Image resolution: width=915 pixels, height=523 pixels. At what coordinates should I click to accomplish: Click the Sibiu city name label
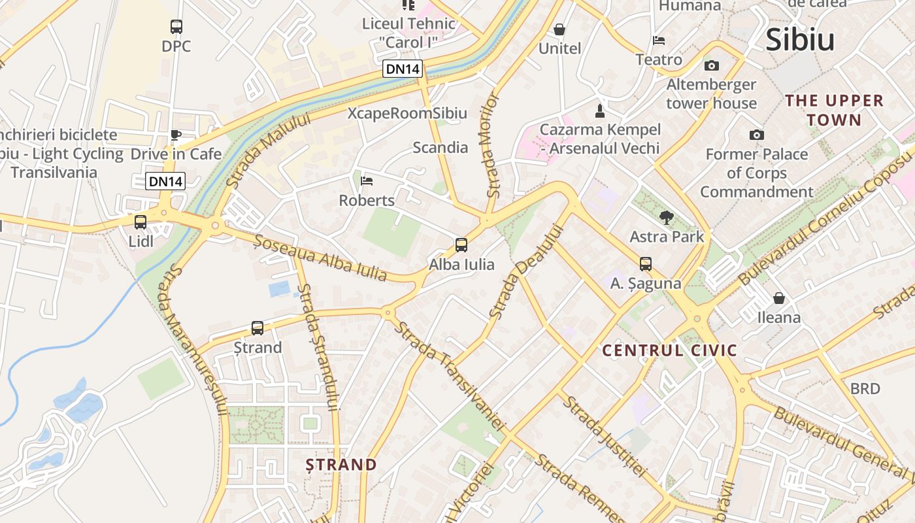pyautogui.click(x=800, y=40)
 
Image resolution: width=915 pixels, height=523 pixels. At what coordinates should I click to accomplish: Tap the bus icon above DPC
pyautogui.click(x=176, y=27)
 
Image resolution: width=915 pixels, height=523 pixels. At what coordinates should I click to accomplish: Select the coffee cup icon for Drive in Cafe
pyautogui.click(x=175, y=135)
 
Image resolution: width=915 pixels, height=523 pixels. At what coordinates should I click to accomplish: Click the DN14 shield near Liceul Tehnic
pyautogui.click(x=403, y=69)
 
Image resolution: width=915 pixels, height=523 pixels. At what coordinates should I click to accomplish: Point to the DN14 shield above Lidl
pyautogui.click(x=165, y=182)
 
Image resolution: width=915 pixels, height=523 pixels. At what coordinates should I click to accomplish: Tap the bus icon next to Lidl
pyautogui.click(x=140, y=222)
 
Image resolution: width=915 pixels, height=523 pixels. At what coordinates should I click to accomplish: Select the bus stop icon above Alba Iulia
pyautogui.click(x=461, y=245)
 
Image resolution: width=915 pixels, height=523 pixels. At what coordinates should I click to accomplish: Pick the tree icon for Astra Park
pyautogui.click(x=666, y=217)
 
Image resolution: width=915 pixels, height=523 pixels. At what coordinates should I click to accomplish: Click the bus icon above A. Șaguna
pyautogui.click(x=646, y=264)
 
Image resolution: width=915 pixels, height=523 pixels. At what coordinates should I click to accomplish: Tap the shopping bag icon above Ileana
pyautogui.click(x=778, y=298)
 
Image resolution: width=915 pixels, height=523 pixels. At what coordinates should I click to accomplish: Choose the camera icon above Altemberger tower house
pyautogui.click(x=711, y=65)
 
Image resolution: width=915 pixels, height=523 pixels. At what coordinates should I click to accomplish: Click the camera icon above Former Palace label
pyautogui.click(x=756, y=135)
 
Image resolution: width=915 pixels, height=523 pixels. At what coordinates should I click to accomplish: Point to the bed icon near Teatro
pyautogui.click(x=659, y=41)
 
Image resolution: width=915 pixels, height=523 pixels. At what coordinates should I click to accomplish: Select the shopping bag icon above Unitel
pyautogui.click(x=559, y=29)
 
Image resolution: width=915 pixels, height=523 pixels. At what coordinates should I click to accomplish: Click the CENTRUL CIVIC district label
pyautogui.click(x=669, y=350)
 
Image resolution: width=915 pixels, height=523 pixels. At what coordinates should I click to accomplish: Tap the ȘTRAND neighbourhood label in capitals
pyautogui.click(x=342, y=465)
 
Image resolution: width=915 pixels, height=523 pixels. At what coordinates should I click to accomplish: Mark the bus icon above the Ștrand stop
pyautogui.click(x=258, y=328)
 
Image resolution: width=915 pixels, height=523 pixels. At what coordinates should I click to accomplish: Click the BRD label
pyautogui.click(x=865, y=389)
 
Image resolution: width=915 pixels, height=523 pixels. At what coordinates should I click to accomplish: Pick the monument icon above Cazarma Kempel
pyautogui.click(x=600, y=110)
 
